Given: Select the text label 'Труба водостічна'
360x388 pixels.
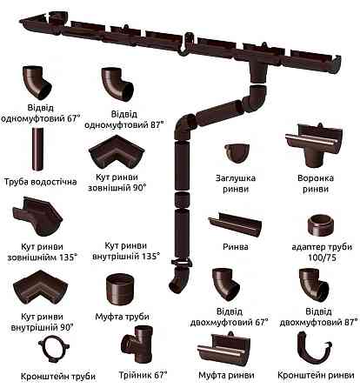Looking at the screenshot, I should point(40,183).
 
